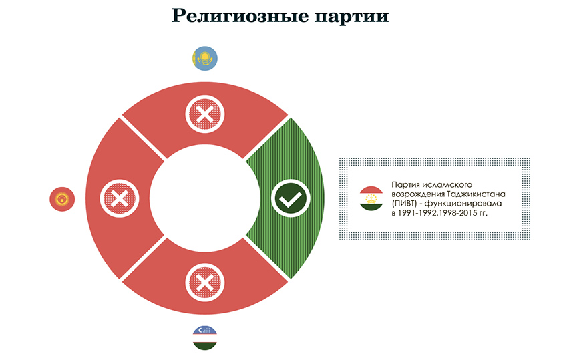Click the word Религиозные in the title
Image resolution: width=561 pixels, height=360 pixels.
[x=240, y=16]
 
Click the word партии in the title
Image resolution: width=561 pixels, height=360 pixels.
[x=352, y=17]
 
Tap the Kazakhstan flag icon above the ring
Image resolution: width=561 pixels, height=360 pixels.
[x=205, y=58]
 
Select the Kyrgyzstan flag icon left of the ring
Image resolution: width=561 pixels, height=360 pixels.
[x=62, y=199]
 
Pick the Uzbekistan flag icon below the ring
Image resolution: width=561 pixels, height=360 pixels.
[x=205, y=338]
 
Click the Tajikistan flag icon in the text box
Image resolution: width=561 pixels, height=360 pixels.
[x=371, y=198]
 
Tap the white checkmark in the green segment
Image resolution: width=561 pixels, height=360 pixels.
[x=291, y=198]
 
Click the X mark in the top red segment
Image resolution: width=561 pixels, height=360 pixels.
[x=205, y=114]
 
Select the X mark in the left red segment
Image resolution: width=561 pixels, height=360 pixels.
[x=120, y=198]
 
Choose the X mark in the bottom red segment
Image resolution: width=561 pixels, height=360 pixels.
[x=205, y=283]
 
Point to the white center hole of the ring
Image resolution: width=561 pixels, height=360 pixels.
[x=205, y=198]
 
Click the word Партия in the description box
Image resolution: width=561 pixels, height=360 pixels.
[x=406, y=185]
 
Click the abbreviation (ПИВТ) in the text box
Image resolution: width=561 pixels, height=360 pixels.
[x=404, y=204]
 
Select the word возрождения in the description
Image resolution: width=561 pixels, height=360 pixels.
[x=418, y=194]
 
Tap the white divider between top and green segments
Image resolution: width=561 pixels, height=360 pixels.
[x=266, y=138]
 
